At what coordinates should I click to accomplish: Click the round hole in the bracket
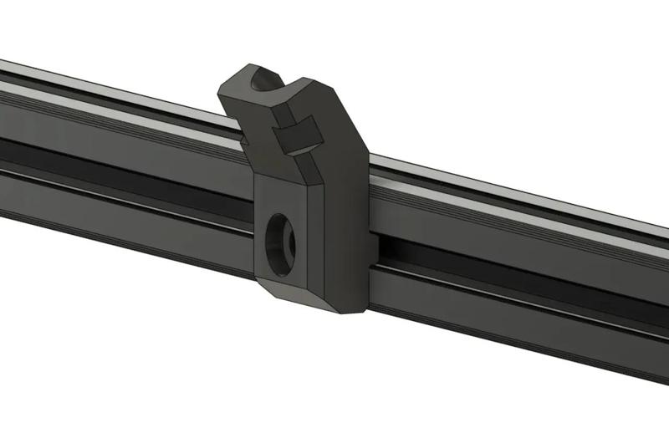(279, 240)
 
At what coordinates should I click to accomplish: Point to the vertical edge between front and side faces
(321, 242)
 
